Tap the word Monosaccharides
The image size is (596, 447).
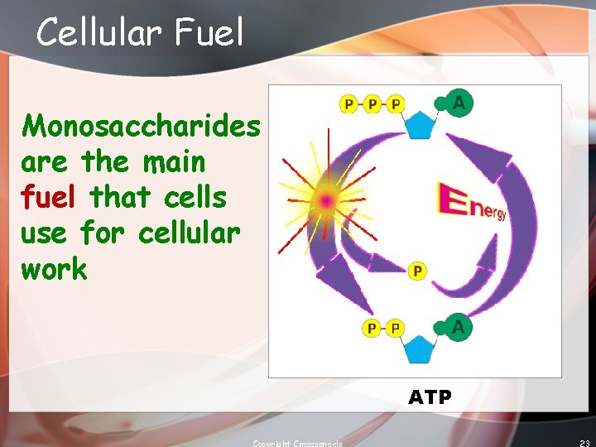(x=141, y=126)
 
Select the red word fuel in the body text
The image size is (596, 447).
(x=50, y=197)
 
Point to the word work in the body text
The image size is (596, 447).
(x=54, y=268)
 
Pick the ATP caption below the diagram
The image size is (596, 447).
(x=430, y=397)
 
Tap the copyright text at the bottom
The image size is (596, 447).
(x=298, y=443)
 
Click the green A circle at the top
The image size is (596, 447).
(x=458, y=103)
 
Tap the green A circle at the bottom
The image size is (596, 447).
(x=458, y=328)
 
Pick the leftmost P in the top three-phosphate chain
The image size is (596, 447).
(x=349, y=104)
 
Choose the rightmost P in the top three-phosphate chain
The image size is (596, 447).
(x=396, y=104)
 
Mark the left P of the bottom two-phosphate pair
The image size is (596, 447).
(x=372, y=329)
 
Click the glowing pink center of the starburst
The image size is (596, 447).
(x=327, y=200)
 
